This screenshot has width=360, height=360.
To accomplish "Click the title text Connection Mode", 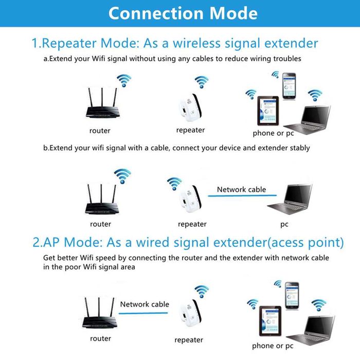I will pyautogui.click(x=183, y=13).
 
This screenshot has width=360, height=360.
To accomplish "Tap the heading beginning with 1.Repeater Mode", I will pyautogui.click(x=175, y=43).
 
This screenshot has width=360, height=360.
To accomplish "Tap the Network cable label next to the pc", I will pyautogui.click(x=241, y=189).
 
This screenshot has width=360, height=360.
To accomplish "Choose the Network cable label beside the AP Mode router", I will pyautogui.click(x=145, y=304).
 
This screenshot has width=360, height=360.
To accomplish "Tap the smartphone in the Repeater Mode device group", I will pyautogui.click(x=290, y=85).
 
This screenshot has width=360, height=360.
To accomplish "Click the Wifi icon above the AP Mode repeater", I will pyautogui.click(x=202, y=292).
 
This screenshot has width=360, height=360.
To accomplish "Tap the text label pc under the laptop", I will pyautogui.click(x=284, y=224).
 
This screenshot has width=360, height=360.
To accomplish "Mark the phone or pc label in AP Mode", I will pyautogui.click(x=273, y=346).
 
